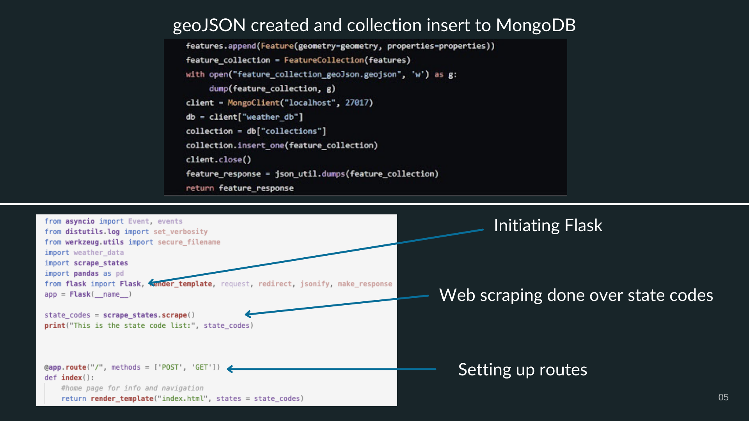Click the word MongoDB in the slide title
pos(536,25)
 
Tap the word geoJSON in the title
pos(209,25)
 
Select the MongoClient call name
pos(254,103)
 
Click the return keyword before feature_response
pos(200,188)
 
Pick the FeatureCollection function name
pos(324,60)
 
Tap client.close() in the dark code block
pos(218,159)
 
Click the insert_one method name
pos(261,145)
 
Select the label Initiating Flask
pos(548,225)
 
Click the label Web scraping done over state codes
pos(576,295)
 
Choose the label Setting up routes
pos(522,370)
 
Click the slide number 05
pos(723,397)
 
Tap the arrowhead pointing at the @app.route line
pos(230,369)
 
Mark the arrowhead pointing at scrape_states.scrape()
pos(248,314)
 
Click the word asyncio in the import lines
pos(80,221)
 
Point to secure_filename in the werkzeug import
pos(189,242)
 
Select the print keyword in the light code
pos(55,325)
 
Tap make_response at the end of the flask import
pos(365,284)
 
